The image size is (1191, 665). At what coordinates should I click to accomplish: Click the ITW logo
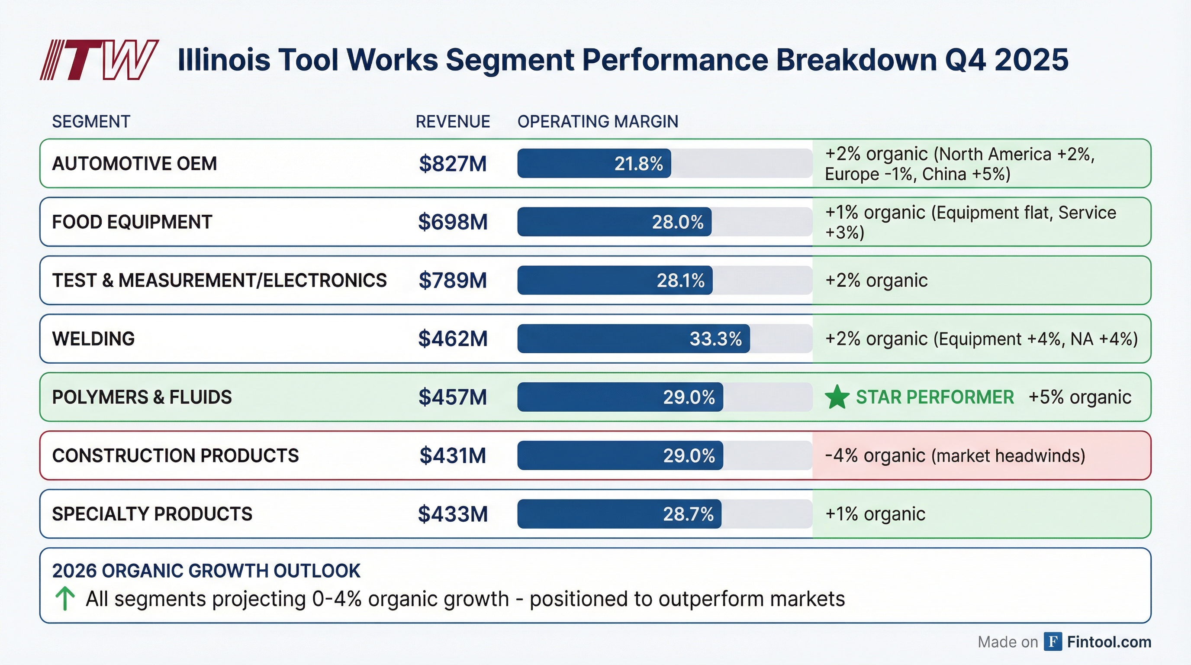[99, 60]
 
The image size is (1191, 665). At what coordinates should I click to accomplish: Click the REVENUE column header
[452, 122]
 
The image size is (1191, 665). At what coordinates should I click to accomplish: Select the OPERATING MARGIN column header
[597, 122]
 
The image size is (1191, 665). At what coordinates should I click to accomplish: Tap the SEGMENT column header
[91, 122]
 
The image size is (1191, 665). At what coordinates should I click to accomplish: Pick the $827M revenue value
[452, 164]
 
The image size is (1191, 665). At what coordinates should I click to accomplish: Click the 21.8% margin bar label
[638, 164]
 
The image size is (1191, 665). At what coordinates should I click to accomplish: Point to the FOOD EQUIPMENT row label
[132, 222]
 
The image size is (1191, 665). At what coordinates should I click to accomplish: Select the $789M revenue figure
[452, 280]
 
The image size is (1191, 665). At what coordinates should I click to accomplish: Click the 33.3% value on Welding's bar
[715, 339]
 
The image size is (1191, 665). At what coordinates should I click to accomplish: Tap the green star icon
[837, 397]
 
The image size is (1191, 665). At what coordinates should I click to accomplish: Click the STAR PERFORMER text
[934, 397]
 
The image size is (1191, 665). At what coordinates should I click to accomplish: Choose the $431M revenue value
[452, 455]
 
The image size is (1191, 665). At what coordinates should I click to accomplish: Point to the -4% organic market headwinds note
[955, 455]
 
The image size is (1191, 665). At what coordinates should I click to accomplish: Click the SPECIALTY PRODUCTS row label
[152, 514]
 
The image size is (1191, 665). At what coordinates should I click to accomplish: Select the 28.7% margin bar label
[688, 514]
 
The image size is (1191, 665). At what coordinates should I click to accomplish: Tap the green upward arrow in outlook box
[65, 598]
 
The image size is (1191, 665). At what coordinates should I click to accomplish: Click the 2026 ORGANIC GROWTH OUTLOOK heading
[206, 571]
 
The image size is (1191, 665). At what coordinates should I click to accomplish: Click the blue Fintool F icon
[1053, 642]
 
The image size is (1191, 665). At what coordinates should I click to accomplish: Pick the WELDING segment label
[93, 339]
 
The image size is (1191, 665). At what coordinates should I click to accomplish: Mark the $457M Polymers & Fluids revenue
[452, 397]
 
